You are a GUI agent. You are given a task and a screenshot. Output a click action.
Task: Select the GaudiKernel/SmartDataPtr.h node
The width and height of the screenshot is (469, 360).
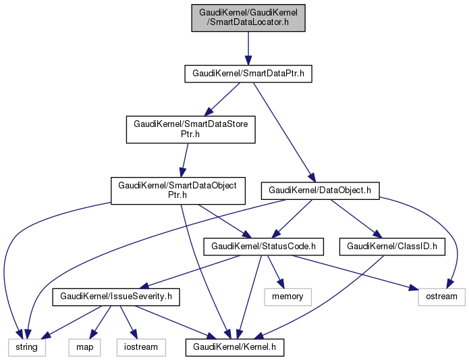click(248, 73)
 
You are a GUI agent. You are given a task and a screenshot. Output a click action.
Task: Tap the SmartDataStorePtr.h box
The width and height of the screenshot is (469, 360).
click(191, 130)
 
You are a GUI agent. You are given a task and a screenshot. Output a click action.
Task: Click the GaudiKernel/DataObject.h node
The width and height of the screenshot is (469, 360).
click(321, 190)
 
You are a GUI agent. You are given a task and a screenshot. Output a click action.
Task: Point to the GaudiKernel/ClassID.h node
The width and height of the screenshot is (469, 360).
click(392, 247)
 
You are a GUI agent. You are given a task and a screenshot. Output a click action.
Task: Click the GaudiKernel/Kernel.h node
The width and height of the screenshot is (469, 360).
click(235, 347)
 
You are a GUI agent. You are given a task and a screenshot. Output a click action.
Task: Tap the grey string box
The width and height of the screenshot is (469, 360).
click(27, 347)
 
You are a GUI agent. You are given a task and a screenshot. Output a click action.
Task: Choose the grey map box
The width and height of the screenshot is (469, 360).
click(84, 347)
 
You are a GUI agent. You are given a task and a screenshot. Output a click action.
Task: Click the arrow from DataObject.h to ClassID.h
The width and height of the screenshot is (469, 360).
click(355, 217)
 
